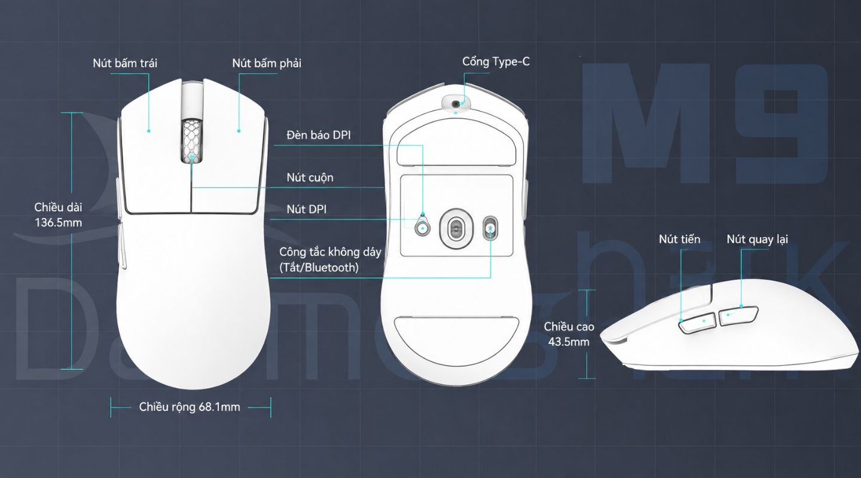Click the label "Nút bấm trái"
click(x=125, y=63)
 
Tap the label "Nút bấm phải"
click(x=267, y=63)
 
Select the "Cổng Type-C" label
click(x=496, y=62)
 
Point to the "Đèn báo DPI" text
click(x=319, y=135)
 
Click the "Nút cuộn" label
click(x=310, y=177)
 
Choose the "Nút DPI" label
click(x=306, y=209)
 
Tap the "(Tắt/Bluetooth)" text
click(x=319, y=268)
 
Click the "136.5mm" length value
click(x=59, y=222)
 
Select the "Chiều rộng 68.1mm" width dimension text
click(x=190, y=407)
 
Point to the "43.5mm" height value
click(x=569, y=342)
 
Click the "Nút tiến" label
click(x=680, y=240)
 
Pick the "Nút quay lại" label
click(x=757, y=240)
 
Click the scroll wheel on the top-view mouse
click(x=191, y=141)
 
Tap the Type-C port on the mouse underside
click(x=456, y=104)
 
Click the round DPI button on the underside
click(x=422, y=228)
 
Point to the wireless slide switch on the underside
click(x=490, y=228)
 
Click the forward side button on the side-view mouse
click(x=697, y=323)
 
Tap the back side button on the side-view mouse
click(x=738, y=316)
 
